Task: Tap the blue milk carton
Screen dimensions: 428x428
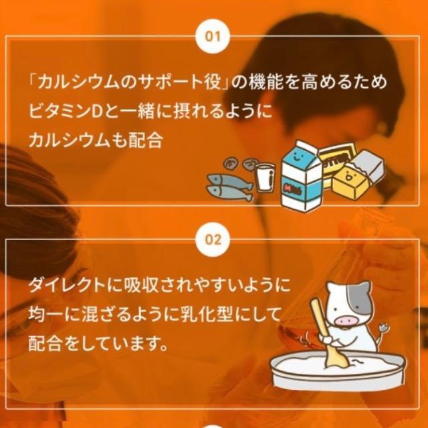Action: (301, 178)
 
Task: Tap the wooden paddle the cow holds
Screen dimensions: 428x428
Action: (324, 334)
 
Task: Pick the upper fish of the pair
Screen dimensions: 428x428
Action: (227, 179)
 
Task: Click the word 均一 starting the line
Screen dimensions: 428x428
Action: (43, 315)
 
